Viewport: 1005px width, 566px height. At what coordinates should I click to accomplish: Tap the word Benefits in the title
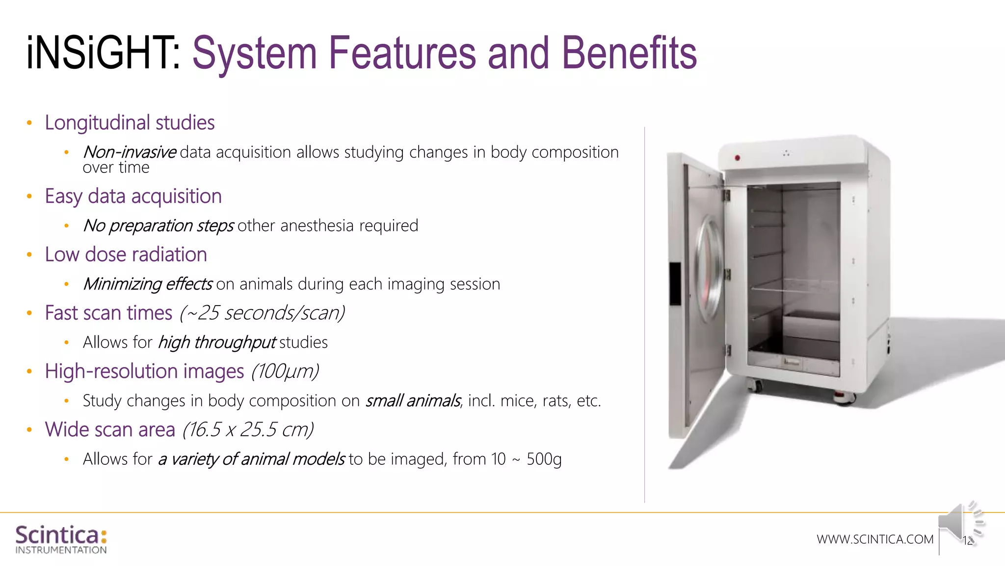tap(629, 53)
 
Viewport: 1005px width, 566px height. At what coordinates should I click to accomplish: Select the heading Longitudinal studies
tap(130, 123)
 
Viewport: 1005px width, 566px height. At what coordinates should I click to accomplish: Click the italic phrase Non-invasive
tap(130, 152)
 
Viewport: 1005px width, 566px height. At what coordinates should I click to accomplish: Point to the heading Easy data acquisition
tap(133, 196)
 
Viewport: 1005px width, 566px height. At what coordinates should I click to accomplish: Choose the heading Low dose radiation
tap(126, 255)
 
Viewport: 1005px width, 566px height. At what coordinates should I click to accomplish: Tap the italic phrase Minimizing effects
tap(148, 284)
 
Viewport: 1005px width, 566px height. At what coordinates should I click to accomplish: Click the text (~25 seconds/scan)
tap(262, 313)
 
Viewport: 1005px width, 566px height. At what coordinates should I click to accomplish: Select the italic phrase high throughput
tap(217, 342)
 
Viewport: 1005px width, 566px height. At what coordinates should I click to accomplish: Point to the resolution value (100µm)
tap(285, 371)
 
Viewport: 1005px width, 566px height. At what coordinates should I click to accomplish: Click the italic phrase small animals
tap(413, 401)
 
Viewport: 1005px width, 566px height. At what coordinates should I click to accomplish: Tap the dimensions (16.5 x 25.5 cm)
tap(248, 430)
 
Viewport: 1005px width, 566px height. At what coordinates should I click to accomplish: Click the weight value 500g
tap(544, 459)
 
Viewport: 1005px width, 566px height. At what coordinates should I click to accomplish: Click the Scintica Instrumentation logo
tap(61, 539)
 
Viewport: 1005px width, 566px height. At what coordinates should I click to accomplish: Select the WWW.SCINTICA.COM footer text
tap(875, 539)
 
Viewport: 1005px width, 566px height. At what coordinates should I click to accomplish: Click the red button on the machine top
tap(737, 158)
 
